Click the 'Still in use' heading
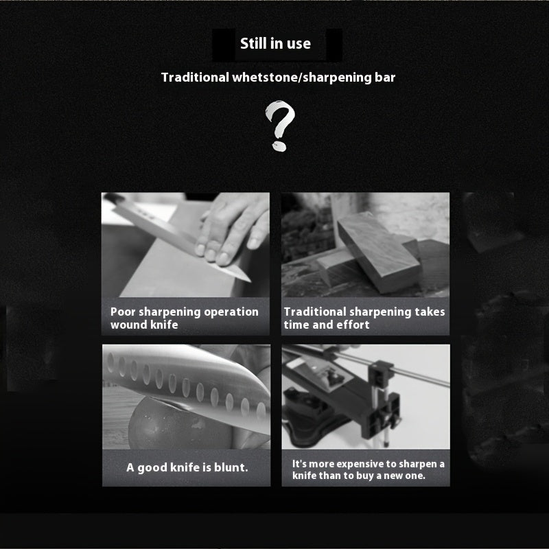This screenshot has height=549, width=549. [x=276, y=43]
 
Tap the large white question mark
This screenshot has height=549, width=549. [x=280, y=126]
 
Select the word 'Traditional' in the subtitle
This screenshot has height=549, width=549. [x=195, y=78]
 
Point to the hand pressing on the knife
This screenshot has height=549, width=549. [x=231, y=228]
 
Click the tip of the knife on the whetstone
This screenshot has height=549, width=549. [x=250, y=281]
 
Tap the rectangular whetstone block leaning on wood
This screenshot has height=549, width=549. [x=379, y=252]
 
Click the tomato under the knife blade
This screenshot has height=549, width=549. [x=178, y=424]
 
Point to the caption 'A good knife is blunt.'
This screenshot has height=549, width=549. [x=187, y=467]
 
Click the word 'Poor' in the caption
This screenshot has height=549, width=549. [x=123, y=312]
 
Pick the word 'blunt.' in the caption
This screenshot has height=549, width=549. [x=231, y=467]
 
